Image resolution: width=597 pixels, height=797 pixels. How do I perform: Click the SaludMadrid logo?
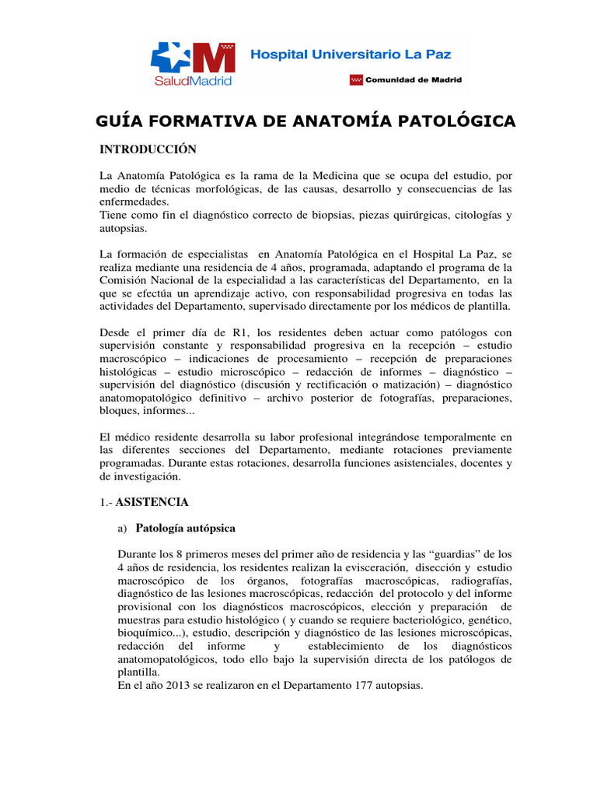click(192, 61)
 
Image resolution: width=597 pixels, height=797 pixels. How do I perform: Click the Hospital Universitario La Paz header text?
click(350, 54)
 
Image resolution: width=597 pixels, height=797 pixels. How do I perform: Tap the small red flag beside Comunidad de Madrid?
click(357, 79)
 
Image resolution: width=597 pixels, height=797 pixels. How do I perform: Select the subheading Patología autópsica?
click(185, 528)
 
